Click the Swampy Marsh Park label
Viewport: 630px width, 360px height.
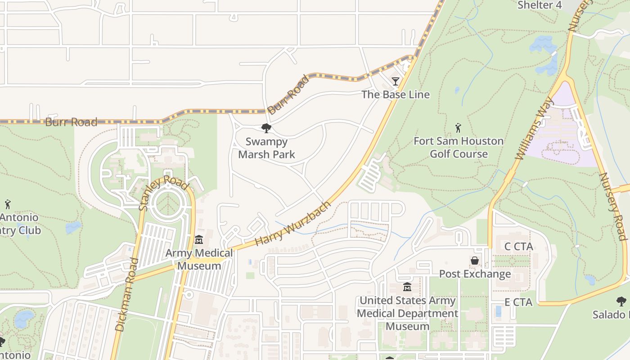coord(266,148)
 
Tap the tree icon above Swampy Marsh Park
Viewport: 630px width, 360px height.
coord(266,128)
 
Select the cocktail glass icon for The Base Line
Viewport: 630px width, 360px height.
coord(396,81)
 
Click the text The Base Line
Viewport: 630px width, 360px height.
coord(396,94)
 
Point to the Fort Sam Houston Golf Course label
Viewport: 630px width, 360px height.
coord(459,147)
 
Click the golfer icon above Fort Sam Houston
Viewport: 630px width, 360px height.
coord(458,128)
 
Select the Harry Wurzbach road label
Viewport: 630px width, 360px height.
coord(292,224)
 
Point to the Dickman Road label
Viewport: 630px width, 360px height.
coord(126,294)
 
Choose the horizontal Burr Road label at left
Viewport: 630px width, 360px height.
coord(71,122)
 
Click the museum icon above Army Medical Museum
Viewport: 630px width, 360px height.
coord(199,239)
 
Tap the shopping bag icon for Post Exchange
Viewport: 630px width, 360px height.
coord(475,261)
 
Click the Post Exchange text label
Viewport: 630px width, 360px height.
coord(475,274)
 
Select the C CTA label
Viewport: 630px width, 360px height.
coord(518,247)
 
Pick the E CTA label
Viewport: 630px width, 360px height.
coord(518,302)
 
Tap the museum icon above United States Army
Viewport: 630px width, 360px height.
coord(407,287)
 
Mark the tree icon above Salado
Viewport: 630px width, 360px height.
coord(621,301)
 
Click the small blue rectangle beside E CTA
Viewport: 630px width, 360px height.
coord(498,311)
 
